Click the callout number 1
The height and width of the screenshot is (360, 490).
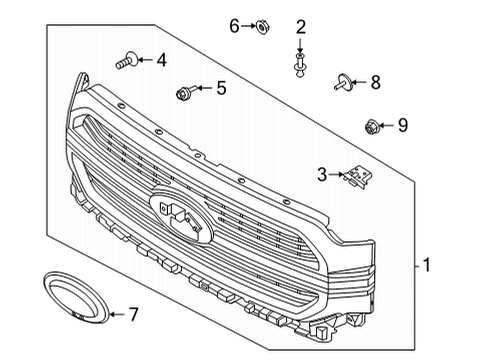click(427, 266)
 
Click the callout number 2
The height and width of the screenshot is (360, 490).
click(299, 26)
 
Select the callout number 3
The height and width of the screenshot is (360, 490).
click(322, 174)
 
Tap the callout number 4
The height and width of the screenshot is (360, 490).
click(161, 60)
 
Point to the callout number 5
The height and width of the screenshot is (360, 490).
click(221, 88)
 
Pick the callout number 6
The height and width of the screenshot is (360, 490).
click(235, 25)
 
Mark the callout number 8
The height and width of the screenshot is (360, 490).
click(376, 82)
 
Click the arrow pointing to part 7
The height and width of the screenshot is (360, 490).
click(114, 314)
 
